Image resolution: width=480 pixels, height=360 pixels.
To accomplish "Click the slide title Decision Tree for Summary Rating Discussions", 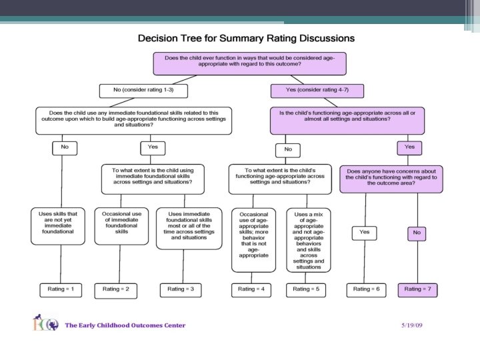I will point(246,38).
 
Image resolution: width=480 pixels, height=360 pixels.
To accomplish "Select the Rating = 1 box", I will point(61,289).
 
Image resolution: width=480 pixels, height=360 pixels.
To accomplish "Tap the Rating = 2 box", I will point(121,289).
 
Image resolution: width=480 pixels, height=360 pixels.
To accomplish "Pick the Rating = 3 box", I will point(181,289).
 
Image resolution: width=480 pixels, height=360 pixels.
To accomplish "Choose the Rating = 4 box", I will point(251,289).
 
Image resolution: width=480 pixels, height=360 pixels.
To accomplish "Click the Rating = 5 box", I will point(306,289).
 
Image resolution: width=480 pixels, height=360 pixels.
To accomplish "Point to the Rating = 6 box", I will point(366,289).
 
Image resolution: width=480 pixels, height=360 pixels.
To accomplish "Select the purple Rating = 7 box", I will point(417,289).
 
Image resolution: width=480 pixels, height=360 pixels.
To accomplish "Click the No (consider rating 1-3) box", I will point(143,90).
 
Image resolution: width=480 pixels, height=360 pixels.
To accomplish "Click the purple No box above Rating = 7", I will point(417,233).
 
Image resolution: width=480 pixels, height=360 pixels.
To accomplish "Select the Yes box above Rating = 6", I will point(364,233).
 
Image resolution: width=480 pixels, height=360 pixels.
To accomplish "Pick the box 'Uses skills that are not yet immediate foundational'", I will point(58,223).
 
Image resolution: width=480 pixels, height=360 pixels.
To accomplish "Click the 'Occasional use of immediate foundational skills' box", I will point(121,223).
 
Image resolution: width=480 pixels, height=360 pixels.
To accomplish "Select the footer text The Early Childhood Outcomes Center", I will point(125,325).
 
